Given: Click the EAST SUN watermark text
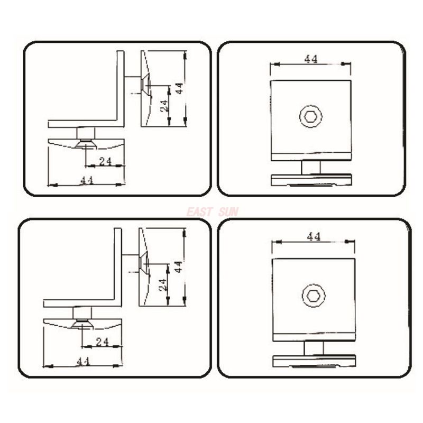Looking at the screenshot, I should click(x=212, y=212).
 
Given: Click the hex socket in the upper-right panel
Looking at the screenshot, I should click(x=311, y=116).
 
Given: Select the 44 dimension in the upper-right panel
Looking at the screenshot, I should click(x=311, y=59).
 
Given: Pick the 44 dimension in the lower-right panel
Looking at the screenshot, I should click(x=314, y=237).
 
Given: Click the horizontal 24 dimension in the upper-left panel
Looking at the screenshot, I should click(x=105, y=161).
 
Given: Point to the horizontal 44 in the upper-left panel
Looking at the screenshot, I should click(x=87, y=180).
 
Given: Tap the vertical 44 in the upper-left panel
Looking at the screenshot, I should click(x=180, y=88).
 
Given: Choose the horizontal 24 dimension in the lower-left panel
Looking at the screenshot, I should click(x=102, y=342).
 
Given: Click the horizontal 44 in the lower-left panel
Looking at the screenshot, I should click(x=83, y=361).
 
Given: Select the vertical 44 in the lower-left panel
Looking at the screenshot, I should click(x=179, y=266).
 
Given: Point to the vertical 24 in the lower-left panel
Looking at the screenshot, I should click(x=163, y=284).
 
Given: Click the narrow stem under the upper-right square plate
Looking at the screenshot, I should click(x=311, y=168).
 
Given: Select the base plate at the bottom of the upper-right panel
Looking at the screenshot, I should click(x=311, y=180).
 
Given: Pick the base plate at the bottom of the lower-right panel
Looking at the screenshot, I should click(x=314, y=361).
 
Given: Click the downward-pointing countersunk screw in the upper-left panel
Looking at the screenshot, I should click(x=85, y=144).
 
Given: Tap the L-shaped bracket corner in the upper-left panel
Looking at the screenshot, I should click(x=120, y=123).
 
